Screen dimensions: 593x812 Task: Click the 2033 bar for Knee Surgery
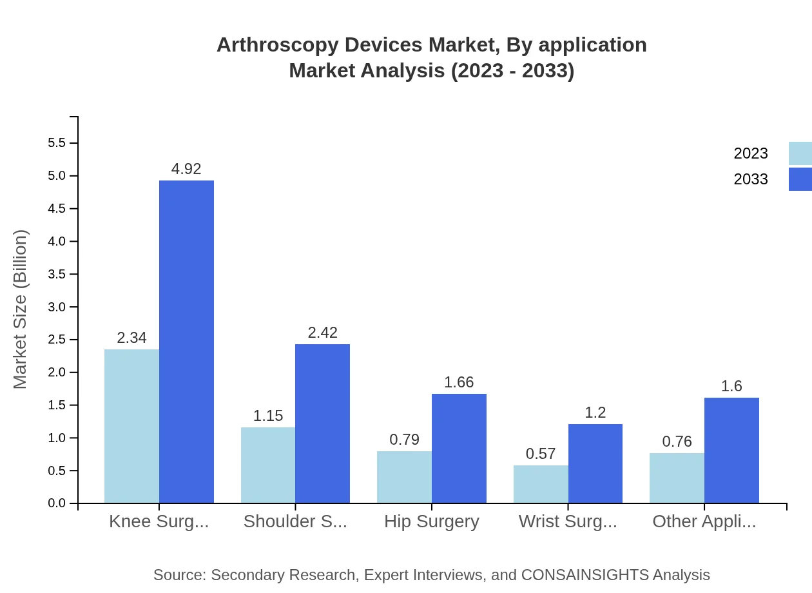[186, 342]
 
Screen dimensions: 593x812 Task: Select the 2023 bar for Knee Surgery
[131, 426]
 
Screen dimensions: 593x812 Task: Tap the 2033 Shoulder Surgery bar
[322, 423]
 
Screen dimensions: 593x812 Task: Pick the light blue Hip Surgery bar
[404, 477]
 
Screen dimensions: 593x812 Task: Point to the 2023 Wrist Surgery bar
[541, 484]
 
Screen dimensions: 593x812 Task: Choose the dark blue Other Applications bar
[731, 450]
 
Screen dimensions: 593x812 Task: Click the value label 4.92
[186, 169]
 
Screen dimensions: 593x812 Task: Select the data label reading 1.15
[268, 416]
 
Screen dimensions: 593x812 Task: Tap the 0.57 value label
[541, 454]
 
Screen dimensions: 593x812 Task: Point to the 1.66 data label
[459, 382]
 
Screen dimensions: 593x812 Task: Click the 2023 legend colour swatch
[800, 153]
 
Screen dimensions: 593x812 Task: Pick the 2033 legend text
[751, 179]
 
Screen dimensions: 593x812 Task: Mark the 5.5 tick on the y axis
[57, 143]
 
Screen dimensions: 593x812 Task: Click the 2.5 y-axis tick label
[57, 340]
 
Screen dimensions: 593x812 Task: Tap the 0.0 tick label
[57, 503]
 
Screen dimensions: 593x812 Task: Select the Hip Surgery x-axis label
[432, 521]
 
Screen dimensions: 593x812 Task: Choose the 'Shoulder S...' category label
[295, 521]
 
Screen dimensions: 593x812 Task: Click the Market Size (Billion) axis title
[21, 309]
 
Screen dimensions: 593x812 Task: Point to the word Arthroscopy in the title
[276, 45]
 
